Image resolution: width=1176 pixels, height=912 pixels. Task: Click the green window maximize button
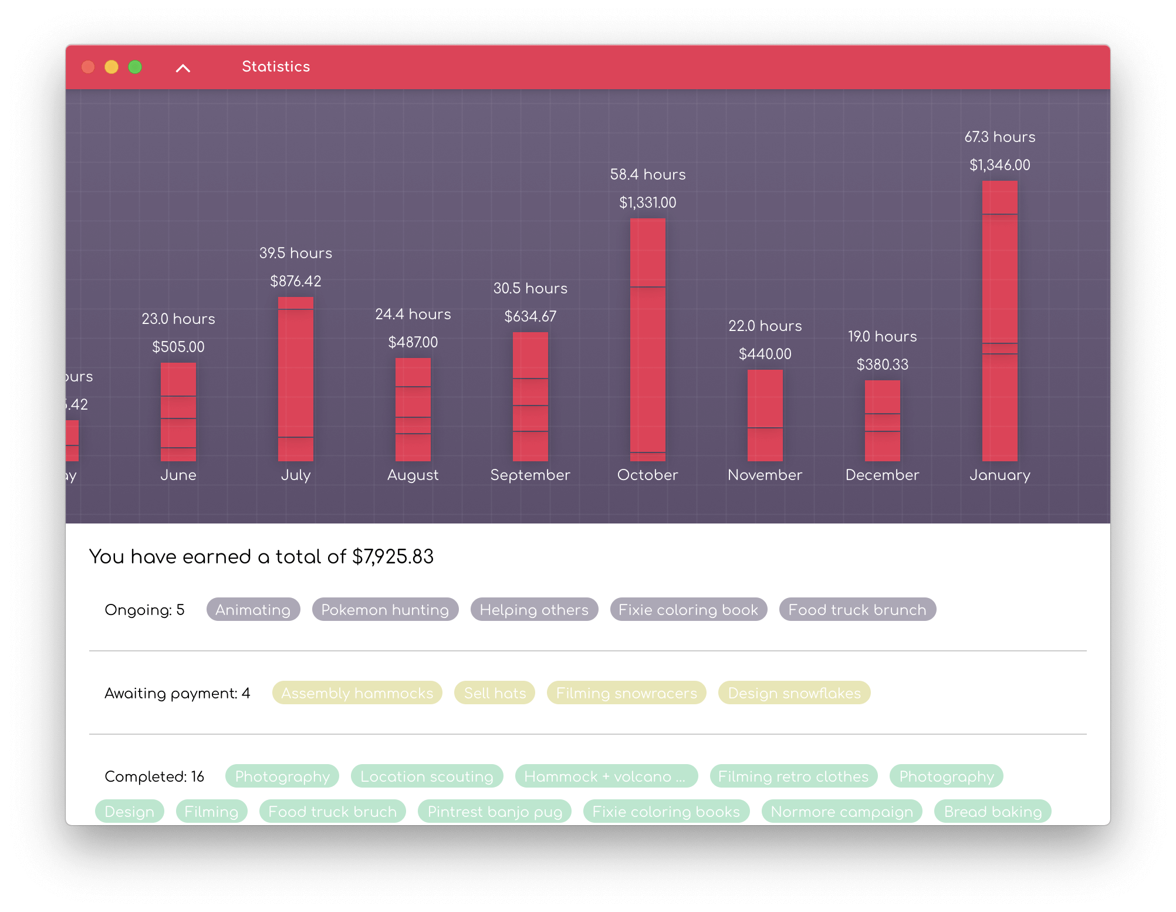pyautogui.click(x=135, y=67)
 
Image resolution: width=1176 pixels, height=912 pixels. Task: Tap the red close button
pyautogui.click(x=88, y=67)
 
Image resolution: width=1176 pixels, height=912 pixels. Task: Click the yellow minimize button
pyautogui.click(x=111, y=67)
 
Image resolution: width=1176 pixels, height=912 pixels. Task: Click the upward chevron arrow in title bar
pyautogui.click(x=183, y=68)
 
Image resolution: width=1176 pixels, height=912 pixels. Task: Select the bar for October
pyautogui.click(x=648, y=339)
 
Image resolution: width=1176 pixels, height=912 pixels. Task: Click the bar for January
pyautogui.click(x=1000, y=320)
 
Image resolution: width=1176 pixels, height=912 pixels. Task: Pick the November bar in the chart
pyautogui.click(x=765, y=415)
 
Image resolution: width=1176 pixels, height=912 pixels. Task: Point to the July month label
pyautogui.click(x=296, y=475)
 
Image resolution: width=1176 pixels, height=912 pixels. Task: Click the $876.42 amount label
pyautogui.click(x=296, y=281)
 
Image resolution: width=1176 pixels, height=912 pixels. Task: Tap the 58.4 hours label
pyautogui.click(x=648, y=174)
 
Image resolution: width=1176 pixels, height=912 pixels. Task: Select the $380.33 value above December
pyautogui.click(x=883, y=364)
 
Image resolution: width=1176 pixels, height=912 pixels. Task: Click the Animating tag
pyautogui.click(x=253, y=610)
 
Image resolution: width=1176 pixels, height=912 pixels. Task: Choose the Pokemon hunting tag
pyautogui.click(x=385, y=610)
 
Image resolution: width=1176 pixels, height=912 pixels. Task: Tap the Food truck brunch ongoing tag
pyautogui.click(x=857, y=610)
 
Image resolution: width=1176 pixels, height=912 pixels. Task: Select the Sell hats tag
pyautogui.click(x=495, y=693)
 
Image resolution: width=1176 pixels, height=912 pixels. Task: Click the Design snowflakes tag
pyautogui.click(x=794, y=693)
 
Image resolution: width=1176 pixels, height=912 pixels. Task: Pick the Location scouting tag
pyautogui.click(x=427, y=776)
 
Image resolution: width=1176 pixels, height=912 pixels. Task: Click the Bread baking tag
pyautogui.click(x=992, y=812)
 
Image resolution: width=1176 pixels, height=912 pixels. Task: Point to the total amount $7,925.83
pyautogui.click(x=393, y=556)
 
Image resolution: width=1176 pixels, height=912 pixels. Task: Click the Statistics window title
pyautogui.click(x=276, y=67)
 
